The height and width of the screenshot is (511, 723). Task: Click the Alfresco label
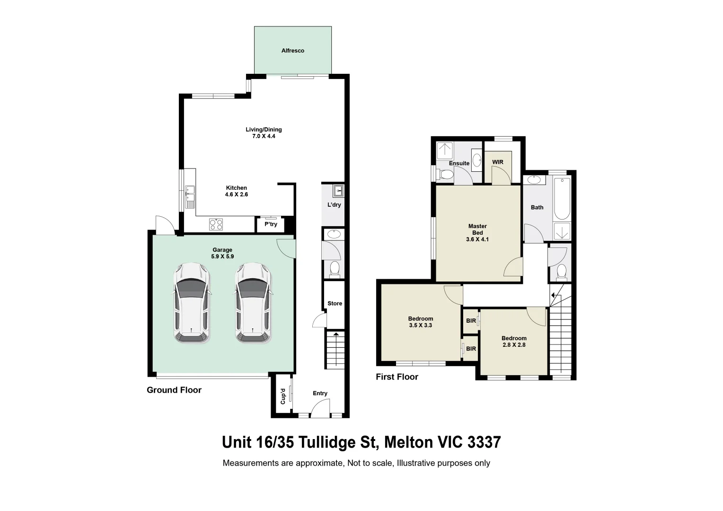point(292,51)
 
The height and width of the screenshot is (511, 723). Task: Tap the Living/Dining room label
point(264,130)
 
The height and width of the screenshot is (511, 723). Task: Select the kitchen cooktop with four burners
point(216,224)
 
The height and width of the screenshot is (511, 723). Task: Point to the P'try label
point(271,224)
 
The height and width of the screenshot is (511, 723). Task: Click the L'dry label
point(334,205)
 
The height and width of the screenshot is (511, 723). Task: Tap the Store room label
point(335,304)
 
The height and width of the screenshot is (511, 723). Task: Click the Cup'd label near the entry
point(283,396)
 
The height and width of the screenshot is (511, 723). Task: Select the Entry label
point(320,393)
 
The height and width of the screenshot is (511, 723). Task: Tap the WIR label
point(498,162)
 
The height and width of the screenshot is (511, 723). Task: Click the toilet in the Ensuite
point(444,175)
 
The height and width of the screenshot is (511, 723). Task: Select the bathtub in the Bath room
point(563,199)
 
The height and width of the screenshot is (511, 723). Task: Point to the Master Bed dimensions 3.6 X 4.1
point(477,239)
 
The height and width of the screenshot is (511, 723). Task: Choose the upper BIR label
point(471,321)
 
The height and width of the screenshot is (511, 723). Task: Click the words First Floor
point(397,377)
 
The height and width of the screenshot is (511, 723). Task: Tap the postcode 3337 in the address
point(484,442)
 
